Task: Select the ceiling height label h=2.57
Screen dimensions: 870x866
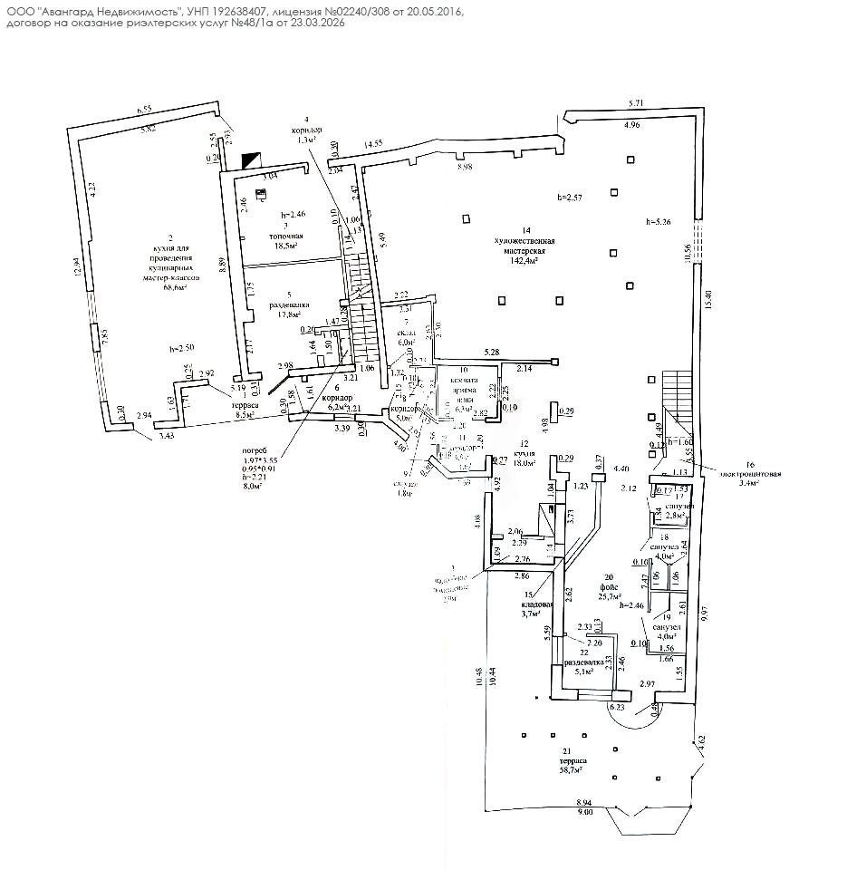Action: (571, 198)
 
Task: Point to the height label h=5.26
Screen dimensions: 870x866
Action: (659, 222)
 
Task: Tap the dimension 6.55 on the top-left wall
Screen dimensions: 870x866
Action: (145, 111)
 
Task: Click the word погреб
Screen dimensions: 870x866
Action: (255, 450)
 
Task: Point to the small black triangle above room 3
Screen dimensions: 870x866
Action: (249, 159)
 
